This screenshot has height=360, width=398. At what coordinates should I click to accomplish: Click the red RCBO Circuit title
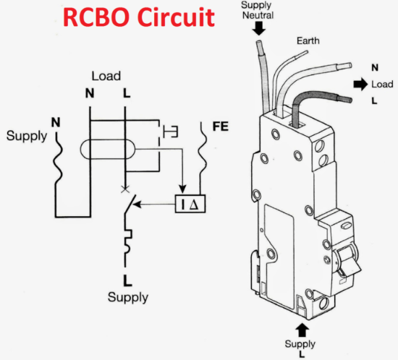pyautogui.click(x=139, y=17)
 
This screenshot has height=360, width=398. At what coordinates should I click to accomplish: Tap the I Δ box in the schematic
pyautogui.click(x=190, y=204)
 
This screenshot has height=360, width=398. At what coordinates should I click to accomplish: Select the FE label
pyautogui.click(x=221, y=127)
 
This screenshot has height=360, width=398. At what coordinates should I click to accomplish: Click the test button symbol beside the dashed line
pyautogui.click(x=170, y=132)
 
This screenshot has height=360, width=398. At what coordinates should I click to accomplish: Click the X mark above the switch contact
pyautogui.click(x=124, y=189)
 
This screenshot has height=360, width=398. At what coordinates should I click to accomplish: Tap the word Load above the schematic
pyautogui.click(x=106, y=76)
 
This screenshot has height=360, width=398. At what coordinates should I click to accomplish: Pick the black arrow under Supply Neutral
pyautogui.click(x=259, y=28)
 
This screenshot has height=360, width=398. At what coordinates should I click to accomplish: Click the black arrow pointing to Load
pyautogui.click(x=360, y=85)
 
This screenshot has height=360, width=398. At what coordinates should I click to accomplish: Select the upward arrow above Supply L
pyautogui.click(x=302, y=330)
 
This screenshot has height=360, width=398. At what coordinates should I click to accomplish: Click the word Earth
pyautogui.click(x=308, y=40)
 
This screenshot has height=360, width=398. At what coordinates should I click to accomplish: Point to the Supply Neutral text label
pyautogui.click(x=258, y=10)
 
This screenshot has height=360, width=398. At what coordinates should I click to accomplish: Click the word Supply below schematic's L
pyautogui.click(x=128, y=297)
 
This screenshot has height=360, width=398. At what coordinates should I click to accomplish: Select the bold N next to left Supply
pyautogui.click(x=56, y=122)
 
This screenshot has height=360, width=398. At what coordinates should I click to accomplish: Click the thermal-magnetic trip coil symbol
pyautogui.click(x=128, y=241)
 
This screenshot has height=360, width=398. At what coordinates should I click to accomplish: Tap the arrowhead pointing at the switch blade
pyautogui.click(x=137, y=204)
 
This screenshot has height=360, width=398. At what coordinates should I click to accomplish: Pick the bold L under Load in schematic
pyautogui.click(x=127, y=93)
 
